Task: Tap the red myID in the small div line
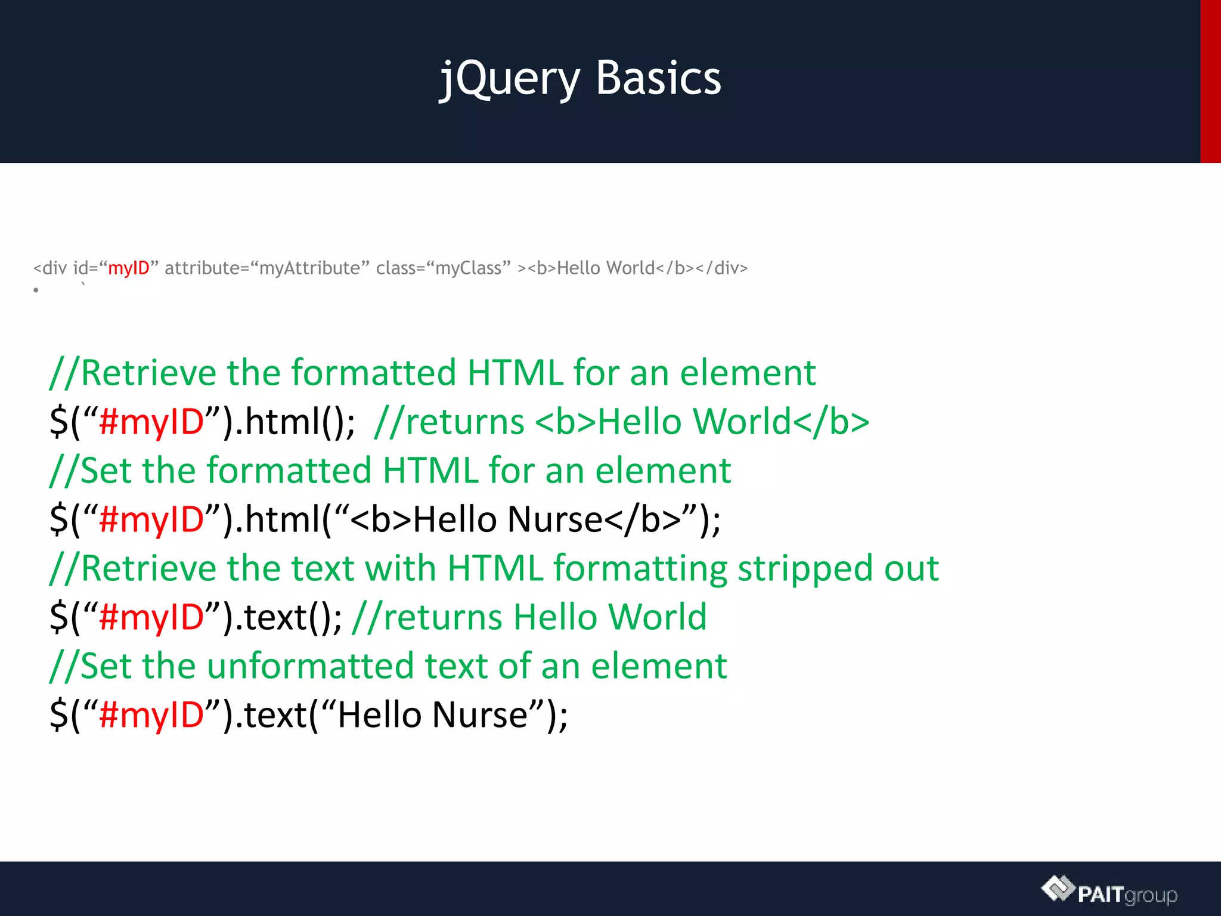pos(128,268)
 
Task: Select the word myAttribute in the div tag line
pos(309,268)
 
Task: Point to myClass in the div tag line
pos(469,268)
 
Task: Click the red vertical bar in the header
pos(1210,81)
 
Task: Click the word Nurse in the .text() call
pos(480,714)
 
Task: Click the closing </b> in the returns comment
pos(831,422)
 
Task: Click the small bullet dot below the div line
pos(36,290)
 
